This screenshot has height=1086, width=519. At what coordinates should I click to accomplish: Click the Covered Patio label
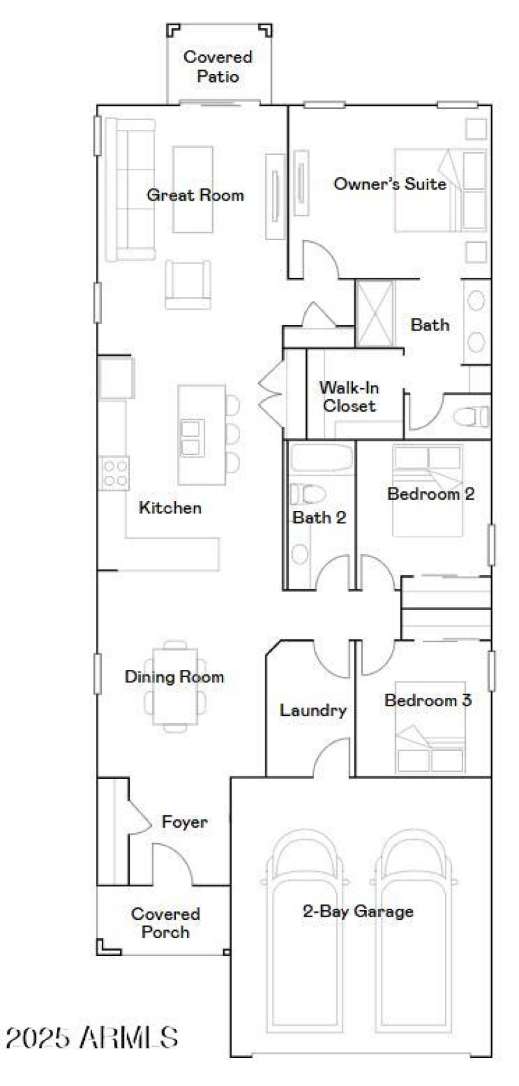218,66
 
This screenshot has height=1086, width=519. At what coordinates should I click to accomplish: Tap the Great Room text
195,195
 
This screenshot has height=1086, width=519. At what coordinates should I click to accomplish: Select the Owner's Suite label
390,184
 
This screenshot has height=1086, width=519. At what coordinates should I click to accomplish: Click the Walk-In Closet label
349,397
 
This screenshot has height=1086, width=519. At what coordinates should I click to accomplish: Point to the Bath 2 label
319,517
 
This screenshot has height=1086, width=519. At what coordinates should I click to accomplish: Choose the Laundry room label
313,710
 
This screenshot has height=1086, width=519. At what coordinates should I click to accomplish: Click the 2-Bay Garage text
358,911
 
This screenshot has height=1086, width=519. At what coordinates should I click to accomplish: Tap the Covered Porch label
165,922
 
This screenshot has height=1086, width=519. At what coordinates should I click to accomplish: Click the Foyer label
185,822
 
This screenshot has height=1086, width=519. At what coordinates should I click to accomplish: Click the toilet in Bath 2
307,495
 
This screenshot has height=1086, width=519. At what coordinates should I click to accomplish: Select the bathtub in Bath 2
320,458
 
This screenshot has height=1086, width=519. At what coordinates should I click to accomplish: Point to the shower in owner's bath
375,313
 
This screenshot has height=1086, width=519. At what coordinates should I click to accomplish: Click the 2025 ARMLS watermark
92,1037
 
